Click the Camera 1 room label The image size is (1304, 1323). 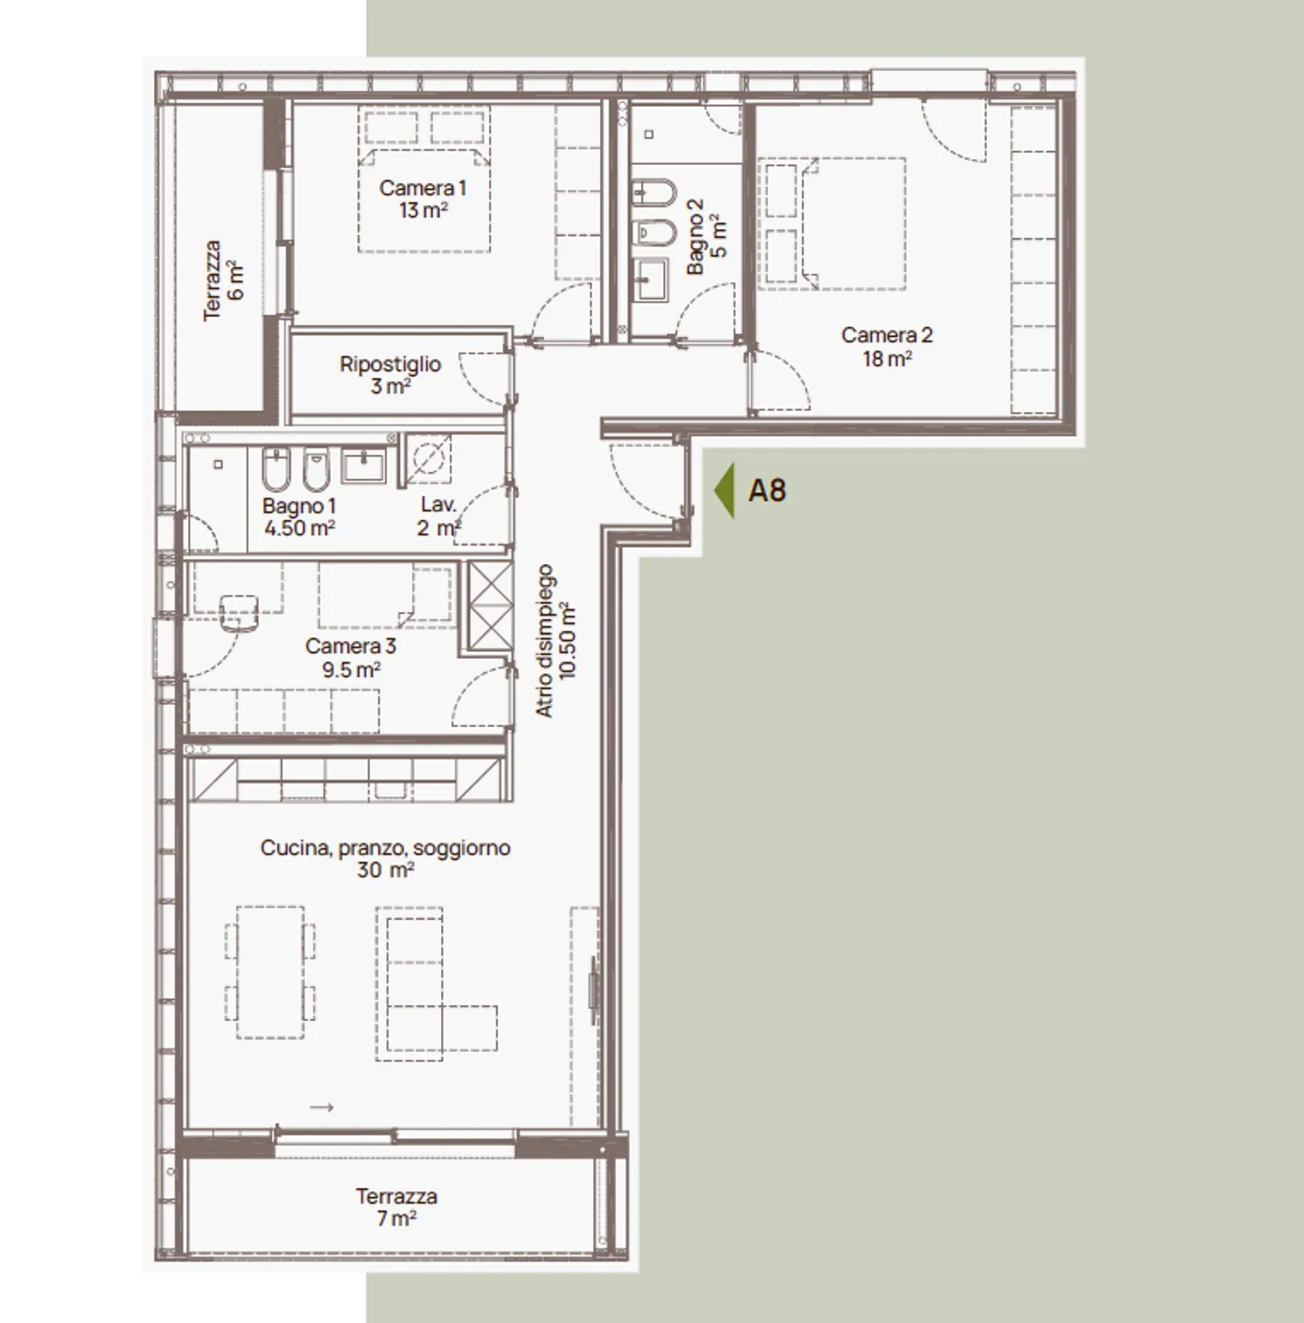point(422,188)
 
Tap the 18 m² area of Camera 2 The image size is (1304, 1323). point(887,359)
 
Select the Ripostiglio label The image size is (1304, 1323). point(390,364)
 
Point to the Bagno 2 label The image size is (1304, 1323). point(695,236)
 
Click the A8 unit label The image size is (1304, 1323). point(767,491)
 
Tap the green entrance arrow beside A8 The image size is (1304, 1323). point(724,491)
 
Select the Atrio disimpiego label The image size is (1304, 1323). point(544,641)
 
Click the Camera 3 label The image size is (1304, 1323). point(350,647)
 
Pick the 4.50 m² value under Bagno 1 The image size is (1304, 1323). point(300,528)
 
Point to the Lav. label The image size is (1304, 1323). point(438,505)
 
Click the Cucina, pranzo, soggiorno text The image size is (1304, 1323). point(385,848)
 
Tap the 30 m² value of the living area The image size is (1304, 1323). point(385,871)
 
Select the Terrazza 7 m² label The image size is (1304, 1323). point(396,1207)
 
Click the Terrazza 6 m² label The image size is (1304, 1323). point(223,280)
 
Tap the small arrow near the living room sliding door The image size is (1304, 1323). point(321,1107)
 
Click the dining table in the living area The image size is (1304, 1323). point(270,973)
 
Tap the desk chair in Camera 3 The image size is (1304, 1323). point(239,612)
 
